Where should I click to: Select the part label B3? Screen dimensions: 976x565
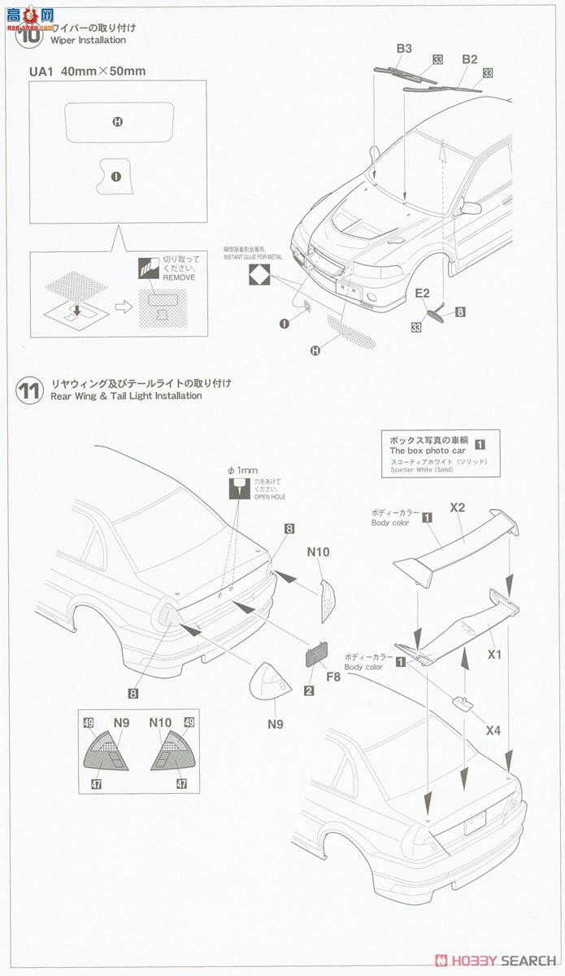(404, 50)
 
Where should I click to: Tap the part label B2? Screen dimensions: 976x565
(470, 59)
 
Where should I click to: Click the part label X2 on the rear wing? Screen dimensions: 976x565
(457, 507)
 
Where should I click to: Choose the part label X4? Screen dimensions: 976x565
(493, 730)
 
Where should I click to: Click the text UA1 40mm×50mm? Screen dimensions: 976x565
(87, 72)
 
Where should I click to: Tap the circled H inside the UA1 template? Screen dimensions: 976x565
(118, 122)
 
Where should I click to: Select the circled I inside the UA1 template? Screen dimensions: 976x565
(115, 176)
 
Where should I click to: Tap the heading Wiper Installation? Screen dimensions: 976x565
(88, 40)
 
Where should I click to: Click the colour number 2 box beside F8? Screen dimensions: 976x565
(309, 691)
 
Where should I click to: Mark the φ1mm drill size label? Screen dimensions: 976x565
(242, 470)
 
